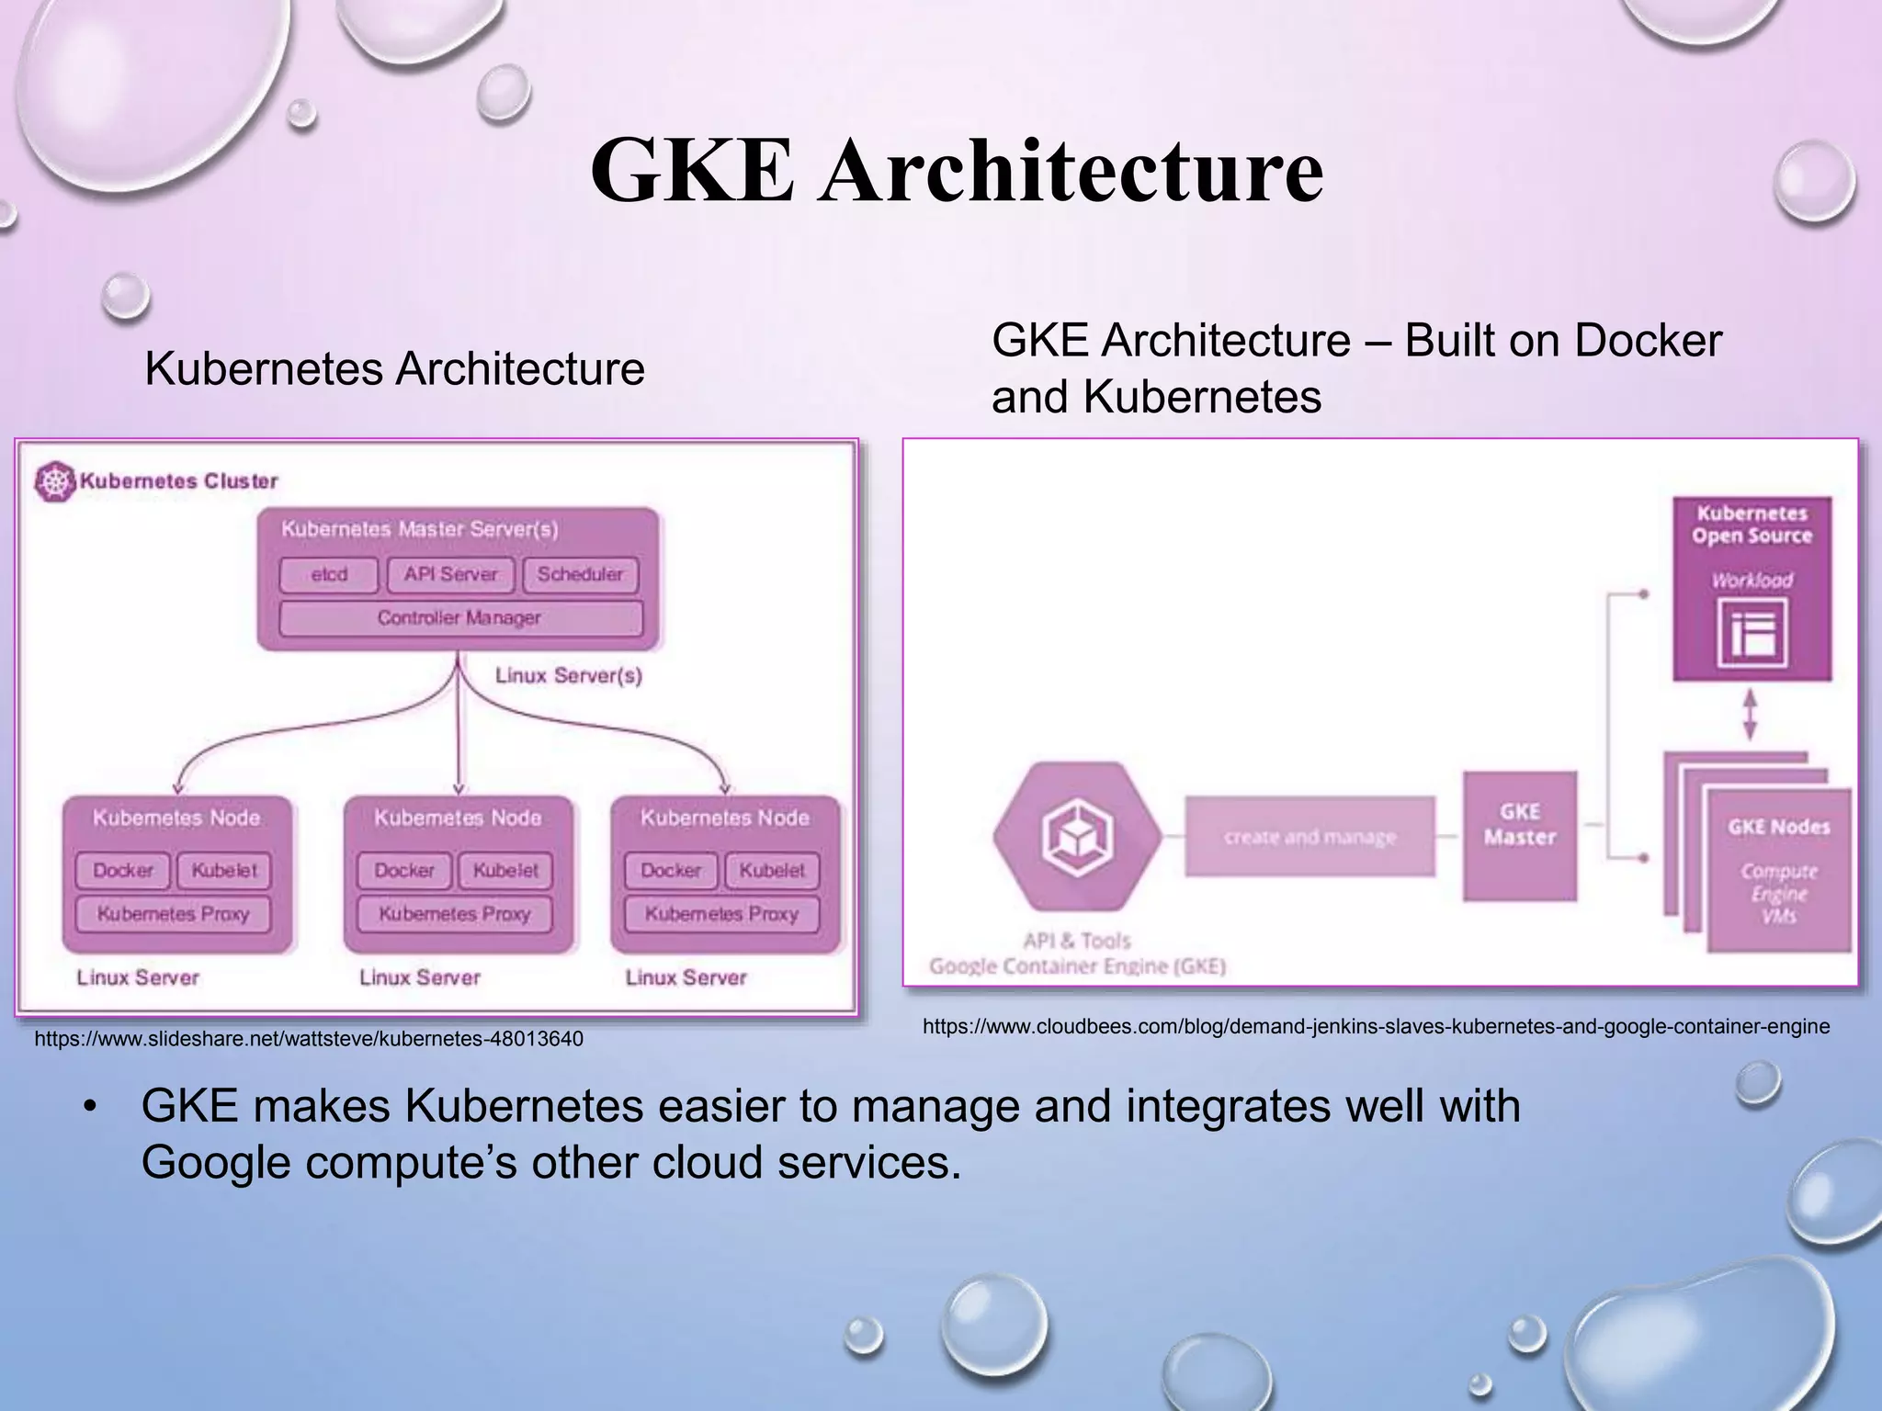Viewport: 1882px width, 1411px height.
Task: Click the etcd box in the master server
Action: (x=329, y=575)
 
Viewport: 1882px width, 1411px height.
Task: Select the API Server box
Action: (x=450, y=575)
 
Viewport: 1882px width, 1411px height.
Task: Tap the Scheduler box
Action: (x=580, y=575)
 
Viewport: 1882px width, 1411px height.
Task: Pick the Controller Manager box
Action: (x=459, y=618)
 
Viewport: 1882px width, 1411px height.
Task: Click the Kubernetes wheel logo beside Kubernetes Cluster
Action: (x=54, y=481)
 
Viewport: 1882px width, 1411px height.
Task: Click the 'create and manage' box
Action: (x=1309, y=837)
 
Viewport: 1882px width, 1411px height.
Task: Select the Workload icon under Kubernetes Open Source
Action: (x=1752, y=633)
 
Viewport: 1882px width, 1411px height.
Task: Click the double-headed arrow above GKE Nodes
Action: (x=1751, y=716)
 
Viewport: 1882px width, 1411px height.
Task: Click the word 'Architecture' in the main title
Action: (x=1071, y=171)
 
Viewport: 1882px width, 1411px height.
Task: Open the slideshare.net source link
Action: (x=309, y=1039)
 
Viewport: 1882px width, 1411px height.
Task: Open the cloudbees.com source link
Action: (x=1376, y=1026)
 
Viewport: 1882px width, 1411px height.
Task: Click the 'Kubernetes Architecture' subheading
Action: (x=394, y=369)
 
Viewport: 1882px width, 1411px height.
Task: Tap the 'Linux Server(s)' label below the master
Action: (x=569, y=676)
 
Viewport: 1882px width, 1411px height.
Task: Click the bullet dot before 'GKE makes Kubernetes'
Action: (x=89, y=1108)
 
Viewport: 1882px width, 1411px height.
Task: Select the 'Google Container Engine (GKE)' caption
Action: (x=1077, y=966)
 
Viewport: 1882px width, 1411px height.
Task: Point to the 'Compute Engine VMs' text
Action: (x=1779, y=893)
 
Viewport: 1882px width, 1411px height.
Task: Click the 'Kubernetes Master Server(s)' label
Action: (x=420, y=529)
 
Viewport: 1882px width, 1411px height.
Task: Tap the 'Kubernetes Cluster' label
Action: (x=178, y=481)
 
